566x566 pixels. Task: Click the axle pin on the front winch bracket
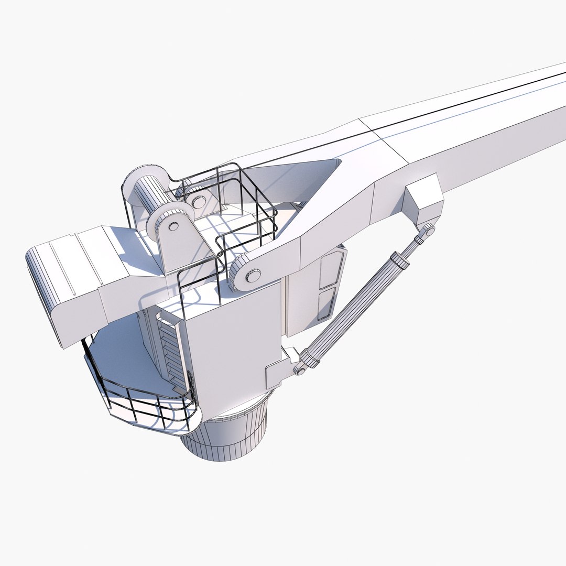173,226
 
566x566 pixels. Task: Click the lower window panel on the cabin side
326,304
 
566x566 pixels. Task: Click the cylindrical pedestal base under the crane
225,435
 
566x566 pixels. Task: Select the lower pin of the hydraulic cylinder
300,370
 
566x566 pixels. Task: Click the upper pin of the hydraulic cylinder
429,230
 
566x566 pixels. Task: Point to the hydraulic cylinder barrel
356,309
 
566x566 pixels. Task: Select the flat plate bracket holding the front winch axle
181,246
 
